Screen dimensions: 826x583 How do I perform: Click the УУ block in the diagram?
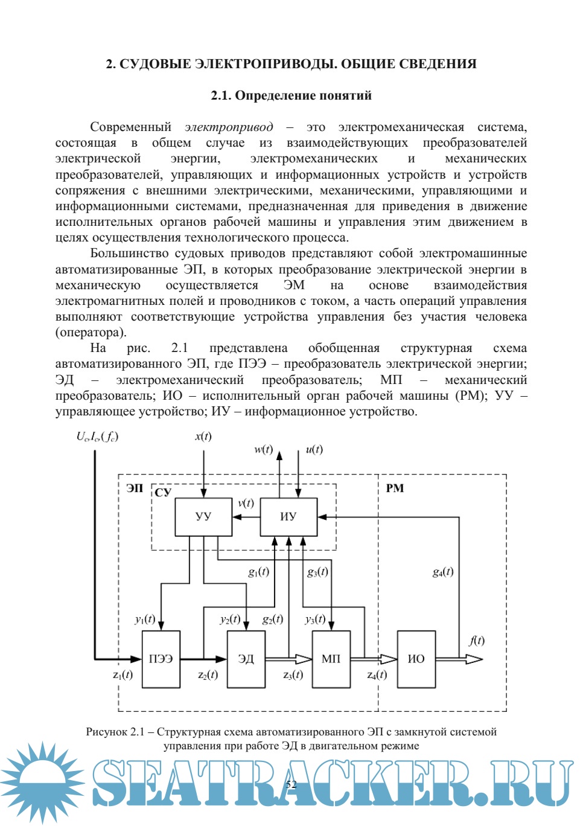click(x=203, y=517)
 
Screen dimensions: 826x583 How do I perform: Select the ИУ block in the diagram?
click(x=288, y=517)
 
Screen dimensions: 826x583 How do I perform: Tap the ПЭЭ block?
click(x=161, y=659)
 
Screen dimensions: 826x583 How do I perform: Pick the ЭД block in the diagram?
click(x=246, y=659)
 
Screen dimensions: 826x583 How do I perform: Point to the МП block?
click(x=331, y=659)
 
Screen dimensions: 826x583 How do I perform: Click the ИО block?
click(x=416, y=659)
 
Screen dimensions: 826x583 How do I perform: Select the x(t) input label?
click(x=203, y=436)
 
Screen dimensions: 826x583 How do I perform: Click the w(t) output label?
click(x=263, y=449)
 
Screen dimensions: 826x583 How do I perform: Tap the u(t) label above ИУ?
click(x=314, y=449)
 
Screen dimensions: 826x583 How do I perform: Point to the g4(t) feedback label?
click(x=442, y=571)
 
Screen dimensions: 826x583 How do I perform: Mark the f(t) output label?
click(x=476, y=641)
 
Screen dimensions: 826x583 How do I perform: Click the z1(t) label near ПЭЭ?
click(x=123, y=674)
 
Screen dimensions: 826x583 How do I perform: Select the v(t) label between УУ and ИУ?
click(x=246, y=503)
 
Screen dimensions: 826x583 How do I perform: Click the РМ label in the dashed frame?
click(x=395, y=488)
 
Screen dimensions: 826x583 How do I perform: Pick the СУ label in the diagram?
click(x=163, y=492)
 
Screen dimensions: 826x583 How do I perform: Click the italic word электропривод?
click(x=229, y=127)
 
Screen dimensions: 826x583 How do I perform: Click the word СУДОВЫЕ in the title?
click(x=156, y=64)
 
